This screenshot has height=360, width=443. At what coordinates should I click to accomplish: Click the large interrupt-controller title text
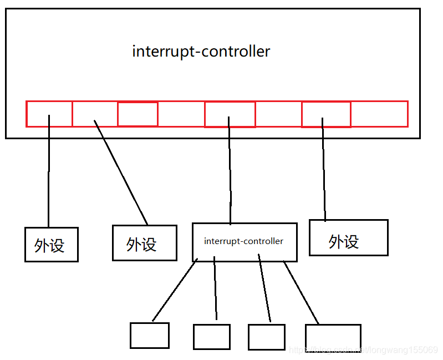coord(201,52)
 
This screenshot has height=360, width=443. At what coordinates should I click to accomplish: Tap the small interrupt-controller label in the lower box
coord(243,241)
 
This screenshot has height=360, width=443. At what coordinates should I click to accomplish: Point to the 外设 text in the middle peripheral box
coord(141,244)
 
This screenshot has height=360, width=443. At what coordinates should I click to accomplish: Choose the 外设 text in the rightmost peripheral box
coord(344,241)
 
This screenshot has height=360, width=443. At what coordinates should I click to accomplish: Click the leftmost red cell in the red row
coord(49,114)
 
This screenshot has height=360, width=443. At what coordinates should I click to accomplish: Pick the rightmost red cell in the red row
coord(379,114)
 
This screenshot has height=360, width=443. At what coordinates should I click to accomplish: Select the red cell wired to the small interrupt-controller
coord(230,114)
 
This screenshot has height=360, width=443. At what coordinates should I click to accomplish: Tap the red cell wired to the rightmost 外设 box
coord(326,114)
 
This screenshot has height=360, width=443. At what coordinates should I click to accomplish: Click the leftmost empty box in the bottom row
coord(149,335)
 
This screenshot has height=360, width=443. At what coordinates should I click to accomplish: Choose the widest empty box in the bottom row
coord(333,337)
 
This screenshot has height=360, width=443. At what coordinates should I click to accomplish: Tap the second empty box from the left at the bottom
coord(211,337)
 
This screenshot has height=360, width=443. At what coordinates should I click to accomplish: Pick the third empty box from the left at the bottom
coord(266,337)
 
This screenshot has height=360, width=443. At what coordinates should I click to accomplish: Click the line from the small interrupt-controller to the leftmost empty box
coord(174,291)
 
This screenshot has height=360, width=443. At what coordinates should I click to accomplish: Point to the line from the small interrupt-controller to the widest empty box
coord(301,292)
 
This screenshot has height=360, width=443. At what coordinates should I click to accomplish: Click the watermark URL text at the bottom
coord(363,350)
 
